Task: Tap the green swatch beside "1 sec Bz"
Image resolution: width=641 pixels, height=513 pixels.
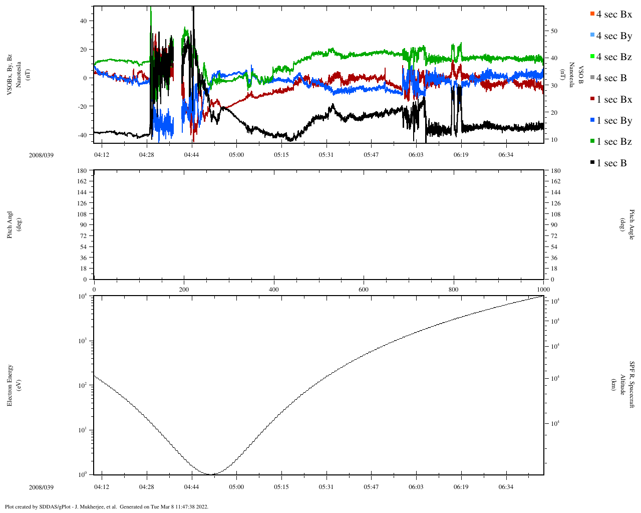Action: point(593,142)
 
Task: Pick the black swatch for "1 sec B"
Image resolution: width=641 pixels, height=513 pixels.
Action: point(593,163)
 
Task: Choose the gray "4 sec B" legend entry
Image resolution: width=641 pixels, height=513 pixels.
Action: point(611,78)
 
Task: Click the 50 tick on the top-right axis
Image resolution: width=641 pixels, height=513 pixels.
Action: point(554,31)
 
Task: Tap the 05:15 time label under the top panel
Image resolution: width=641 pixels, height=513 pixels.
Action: point(281,155)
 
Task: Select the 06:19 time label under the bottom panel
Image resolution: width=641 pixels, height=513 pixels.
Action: point(461,487)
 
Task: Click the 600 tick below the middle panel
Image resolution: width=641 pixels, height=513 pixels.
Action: point(364,290)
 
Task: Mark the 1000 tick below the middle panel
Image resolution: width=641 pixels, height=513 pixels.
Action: point(543,290)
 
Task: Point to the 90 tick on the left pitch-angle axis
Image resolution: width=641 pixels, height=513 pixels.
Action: point(84,225)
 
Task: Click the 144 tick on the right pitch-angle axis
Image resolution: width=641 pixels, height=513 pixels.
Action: point(555,192)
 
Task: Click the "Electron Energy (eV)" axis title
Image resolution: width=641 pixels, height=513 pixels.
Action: point(14,385)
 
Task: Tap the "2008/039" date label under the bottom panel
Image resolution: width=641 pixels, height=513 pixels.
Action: point(41,487)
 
